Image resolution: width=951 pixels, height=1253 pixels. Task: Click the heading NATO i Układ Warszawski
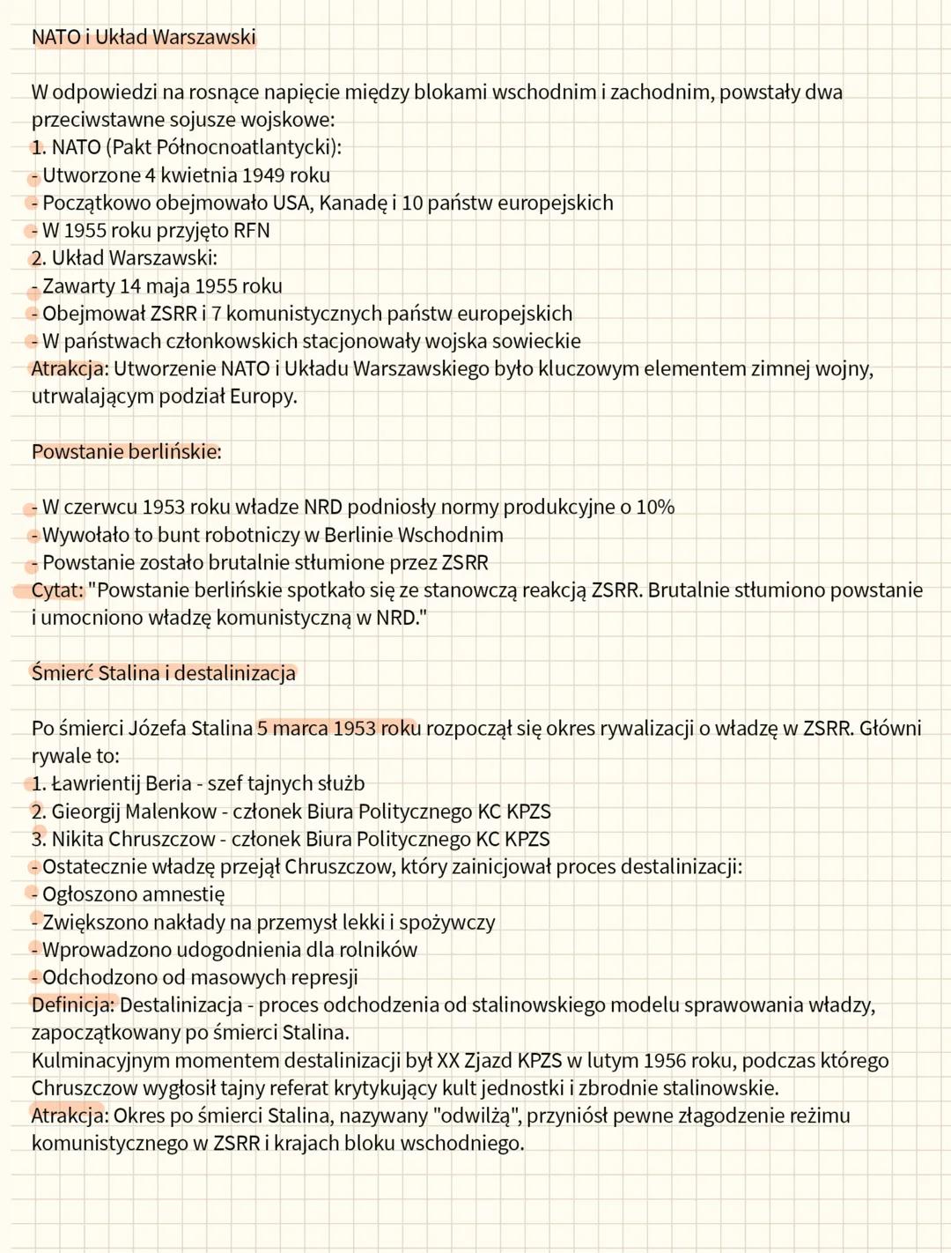pos(144,37)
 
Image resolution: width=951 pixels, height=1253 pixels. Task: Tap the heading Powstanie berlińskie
pos(126,452)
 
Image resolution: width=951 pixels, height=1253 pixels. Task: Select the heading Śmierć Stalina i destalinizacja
pos(164,673)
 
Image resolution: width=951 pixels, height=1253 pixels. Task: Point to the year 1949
pos(263,175)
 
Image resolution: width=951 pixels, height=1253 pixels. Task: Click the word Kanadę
pos(352,203)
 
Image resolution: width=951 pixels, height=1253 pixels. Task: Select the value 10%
pos(655,508)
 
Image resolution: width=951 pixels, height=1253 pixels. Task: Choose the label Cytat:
pos(57,590)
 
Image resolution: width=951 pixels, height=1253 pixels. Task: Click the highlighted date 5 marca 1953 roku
pos(338,729)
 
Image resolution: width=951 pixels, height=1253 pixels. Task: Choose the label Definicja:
pos(73,1005)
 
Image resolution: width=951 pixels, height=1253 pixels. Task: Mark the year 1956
pos(666,1061)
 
